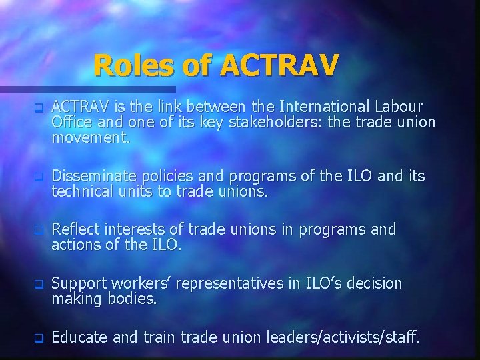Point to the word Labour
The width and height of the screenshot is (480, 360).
(398, 107)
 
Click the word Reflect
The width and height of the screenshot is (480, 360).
(74, 229)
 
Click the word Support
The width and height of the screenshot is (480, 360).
(79, 283)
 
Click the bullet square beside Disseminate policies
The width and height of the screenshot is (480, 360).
(39, 177)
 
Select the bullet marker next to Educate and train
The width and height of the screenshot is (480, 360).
(39, 338)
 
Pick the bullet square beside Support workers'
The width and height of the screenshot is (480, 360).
(39, 285)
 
